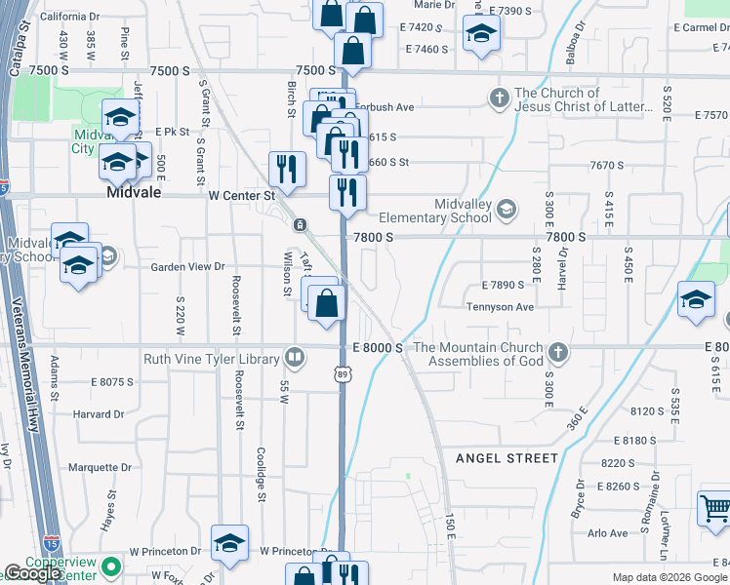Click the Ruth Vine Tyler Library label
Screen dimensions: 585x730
tap(212, 359)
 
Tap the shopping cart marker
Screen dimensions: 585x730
tap(714, 510)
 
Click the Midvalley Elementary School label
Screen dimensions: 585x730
tap(434, 210)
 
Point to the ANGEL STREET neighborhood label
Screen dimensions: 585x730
tap(507, 457)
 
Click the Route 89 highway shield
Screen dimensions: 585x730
tap(342, 373)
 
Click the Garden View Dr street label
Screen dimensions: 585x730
tap(187, 266)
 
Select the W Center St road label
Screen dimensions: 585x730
tap(242, 195)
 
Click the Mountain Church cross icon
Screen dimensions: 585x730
tap(557, 351)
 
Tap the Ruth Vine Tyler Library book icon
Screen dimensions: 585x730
tap(293, 359)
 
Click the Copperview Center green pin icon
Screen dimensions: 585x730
tap(113, 565)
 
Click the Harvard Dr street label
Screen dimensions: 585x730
tap(98, 413)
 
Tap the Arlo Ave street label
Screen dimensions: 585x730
tap(607, 533)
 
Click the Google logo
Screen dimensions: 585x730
tap(34, 574)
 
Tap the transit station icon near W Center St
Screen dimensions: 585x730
tap(300, 225)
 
